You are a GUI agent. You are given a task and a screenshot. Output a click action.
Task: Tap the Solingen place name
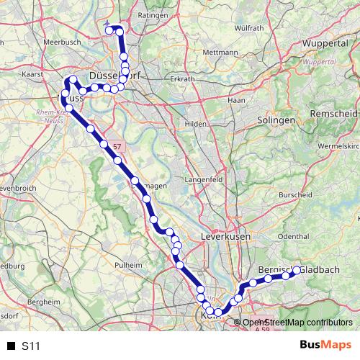coord(276,120)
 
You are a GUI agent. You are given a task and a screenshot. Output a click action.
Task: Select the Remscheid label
coord(332,114)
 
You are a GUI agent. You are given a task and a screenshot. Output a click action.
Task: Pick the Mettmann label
coord(220,53)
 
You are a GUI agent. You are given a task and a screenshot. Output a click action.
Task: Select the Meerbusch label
coord(42,42)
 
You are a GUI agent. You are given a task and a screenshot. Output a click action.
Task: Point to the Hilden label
coord(195,124)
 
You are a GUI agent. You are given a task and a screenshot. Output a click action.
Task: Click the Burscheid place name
coord(295,194)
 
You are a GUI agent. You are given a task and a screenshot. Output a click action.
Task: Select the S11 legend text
coord(30,346)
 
